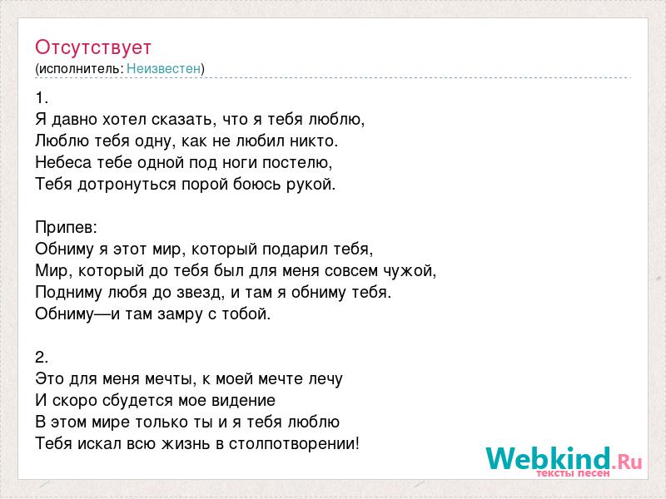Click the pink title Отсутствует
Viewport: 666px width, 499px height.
[x=93, y=47]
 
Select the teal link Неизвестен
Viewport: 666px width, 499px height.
[x=163, y=68]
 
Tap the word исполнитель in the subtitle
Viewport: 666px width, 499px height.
[x=79, y=69]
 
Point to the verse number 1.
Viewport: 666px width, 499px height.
[x=42, y=98]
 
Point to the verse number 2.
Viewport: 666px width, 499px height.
[x=42, y=358]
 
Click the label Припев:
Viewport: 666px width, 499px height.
[x=67, y=228]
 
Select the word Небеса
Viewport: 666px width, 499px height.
[x=63, y=162]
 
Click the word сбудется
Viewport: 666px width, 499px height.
[x=138, y=400]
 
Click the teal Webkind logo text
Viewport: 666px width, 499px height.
[x=549, y=458]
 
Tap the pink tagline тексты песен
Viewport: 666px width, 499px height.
[x=573, y=473]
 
